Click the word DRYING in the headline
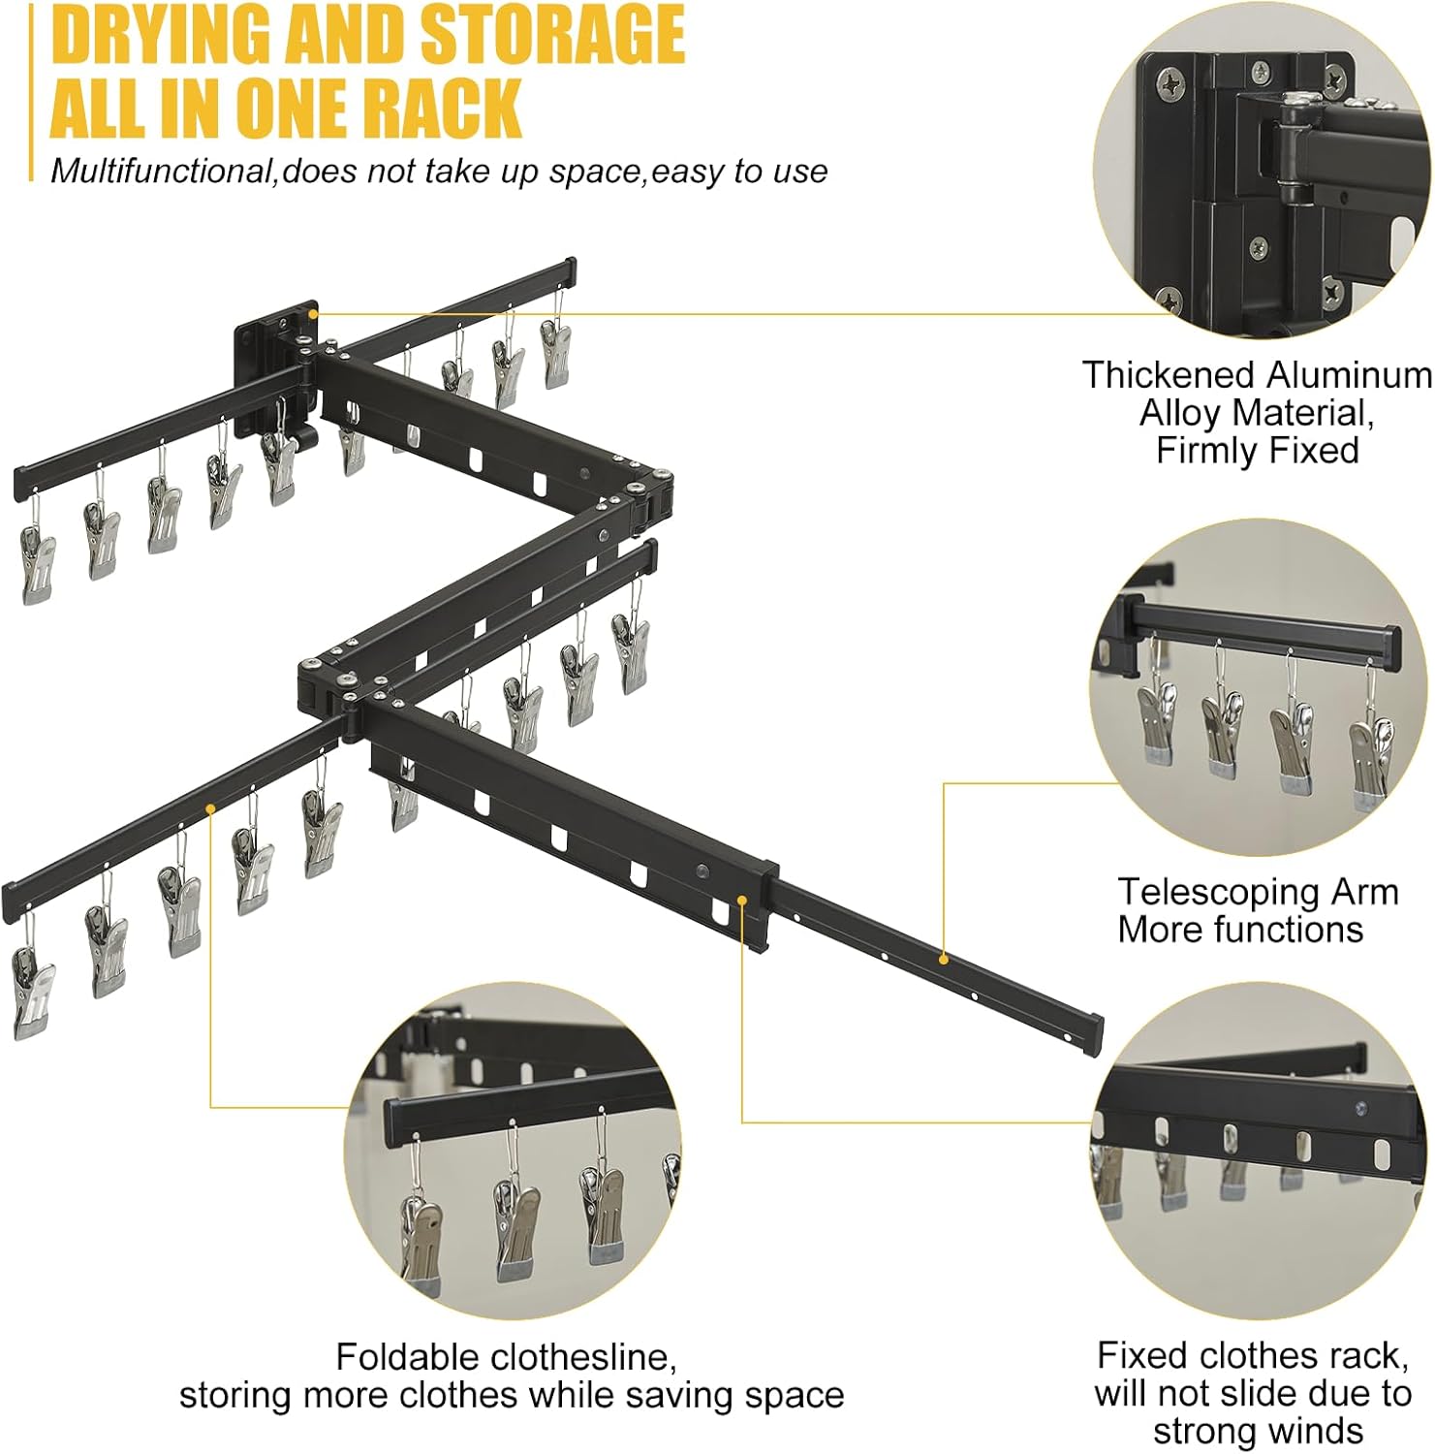pos(160,34)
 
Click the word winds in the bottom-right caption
pos(1315,1431)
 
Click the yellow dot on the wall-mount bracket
pos(313,313)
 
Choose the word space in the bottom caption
pos(795,1396)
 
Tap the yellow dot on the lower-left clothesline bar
pos(210,806)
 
